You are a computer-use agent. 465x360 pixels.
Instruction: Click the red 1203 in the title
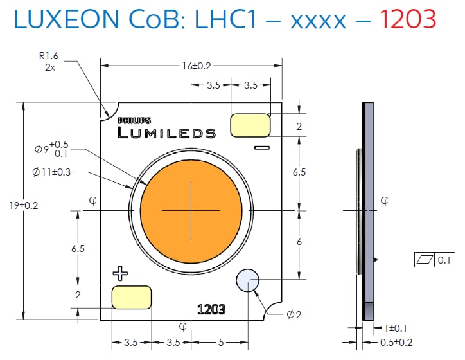pyautogui.click(x=407, y=19)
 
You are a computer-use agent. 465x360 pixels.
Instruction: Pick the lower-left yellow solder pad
pyautogui.click(x=132, y=297)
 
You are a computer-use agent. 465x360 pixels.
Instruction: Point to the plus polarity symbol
pyautogui.click(x=120, y=274)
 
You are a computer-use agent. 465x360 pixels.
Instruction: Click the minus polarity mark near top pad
pyautogui.click(x=261, y=148)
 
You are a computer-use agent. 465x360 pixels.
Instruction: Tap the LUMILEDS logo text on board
pyautogui.click(x=167, y=133)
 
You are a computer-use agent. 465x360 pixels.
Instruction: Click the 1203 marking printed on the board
pyautogui.click(x=211, y=309)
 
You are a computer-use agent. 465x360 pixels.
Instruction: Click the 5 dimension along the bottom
pyautogui.click(x=220, y=343)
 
